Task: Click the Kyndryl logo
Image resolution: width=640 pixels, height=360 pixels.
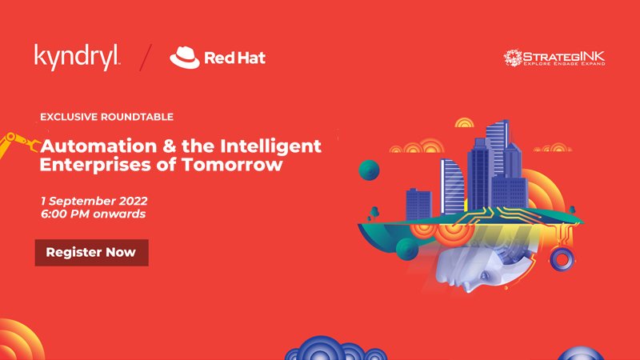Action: [x=77, y=57]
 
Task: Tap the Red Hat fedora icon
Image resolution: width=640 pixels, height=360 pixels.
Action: [x=185, y=57]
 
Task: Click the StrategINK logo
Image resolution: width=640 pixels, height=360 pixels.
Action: [x=554, y=58]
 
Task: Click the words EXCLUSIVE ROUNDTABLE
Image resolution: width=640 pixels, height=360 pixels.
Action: [x=106, y=117]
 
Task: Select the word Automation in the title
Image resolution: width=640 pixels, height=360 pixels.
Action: [x=98, y=146]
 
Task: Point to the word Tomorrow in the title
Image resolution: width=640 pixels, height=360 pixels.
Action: [x=232, y=165]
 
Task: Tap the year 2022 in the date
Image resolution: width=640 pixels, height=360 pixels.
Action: [x=133, y=202]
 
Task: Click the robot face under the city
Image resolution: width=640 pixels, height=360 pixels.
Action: [x=474, y=270]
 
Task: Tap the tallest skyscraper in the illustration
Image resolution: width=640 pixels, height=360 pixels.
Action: [x=498, y=151]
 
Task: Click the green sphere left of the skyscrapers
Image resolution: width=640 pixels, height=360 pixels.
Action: [x=369, y=170]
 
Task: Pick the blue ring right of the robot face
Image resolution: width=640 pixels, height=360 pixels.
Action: [x=562, y=259]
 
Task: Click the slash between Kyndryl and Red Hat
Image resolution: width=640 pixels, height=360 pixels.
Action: [x=146, y=57]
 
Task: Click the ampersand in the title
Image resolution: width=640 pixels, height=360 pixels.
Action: [x=169, y=146]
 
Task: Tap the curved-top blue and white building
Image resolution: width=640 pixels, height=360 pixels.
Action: [x=452, y=186]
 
